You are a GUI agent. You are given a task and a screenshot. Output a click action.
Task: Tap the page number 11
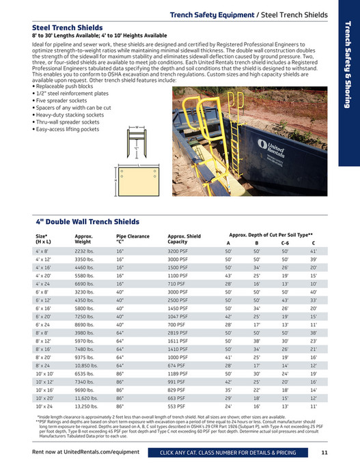(x=324, y=452)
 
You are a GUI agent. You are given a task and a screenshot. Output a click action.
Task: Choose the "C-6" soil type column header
(x=284, y=242)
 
